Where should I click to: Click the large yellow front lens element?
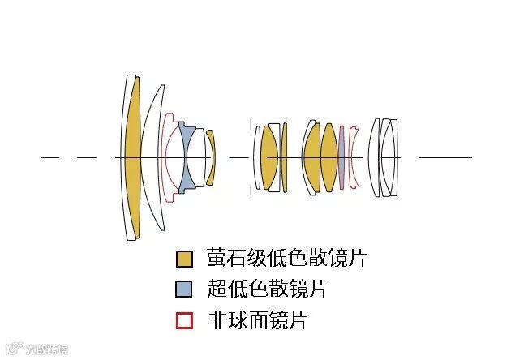(x=132, y=157)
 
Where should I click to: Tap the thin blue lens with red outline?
(x=341, y=157)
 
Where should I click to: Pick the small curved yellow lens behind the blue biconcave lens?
(x=210, y=157)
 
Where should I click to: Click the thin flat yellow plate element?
(x=284, y=157)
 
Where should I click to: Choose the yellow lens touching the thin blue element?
(x=328, y=157)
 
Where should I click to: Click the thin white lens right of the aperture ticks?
(x=258, y=157)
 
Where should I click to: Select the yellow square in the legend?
(x=185, y=259)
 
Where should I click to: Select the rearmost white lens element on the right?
(x=392, y=157)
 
